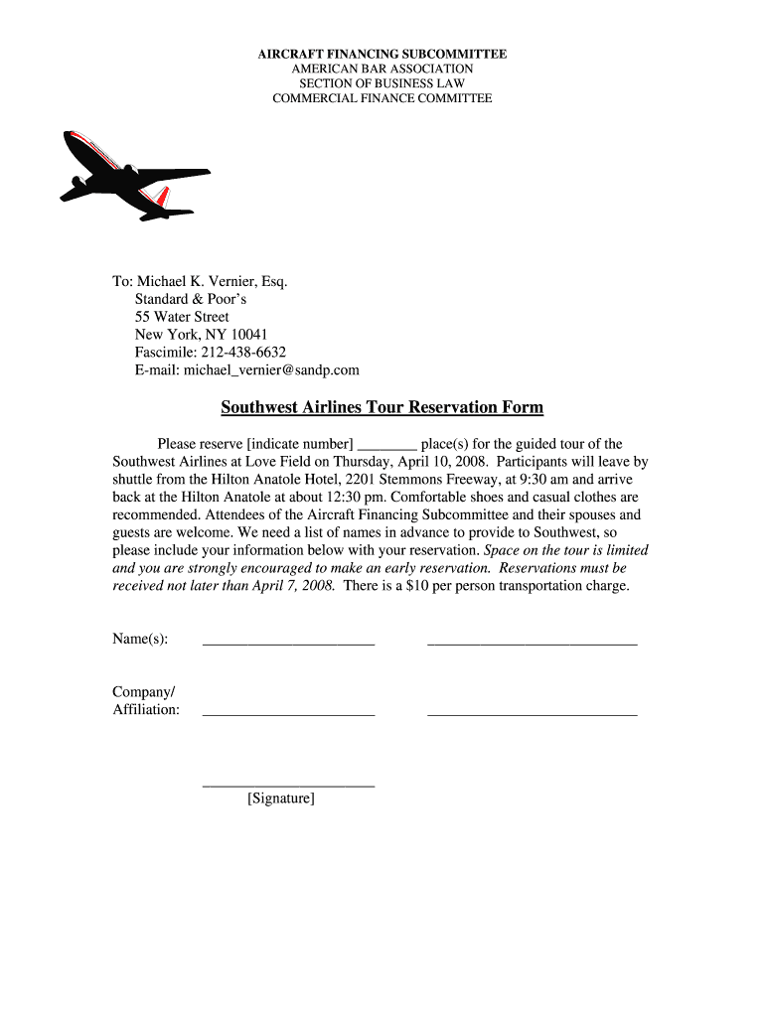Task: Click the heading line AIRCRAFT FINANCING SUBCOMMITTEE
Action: (382, 54)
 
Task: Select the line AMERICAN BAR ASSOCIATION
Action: (382, 69)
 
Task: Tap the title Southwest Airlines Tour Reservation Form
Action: (382, 407)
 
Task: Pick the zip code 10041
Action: (249, 335)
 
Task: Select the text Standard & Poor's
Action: (191, 299)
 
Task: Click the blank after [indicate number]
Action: (385, 446)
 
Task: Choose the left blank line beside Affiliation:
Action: (288, 713)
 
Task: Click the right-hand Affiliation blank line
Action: (532, 713)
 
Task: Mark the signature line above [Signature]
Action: (288, 785)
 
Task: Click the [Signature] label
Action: (281, 799)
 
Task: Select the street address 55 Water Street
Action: (182, 317)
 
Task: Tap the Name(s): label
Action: (140, 639)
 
